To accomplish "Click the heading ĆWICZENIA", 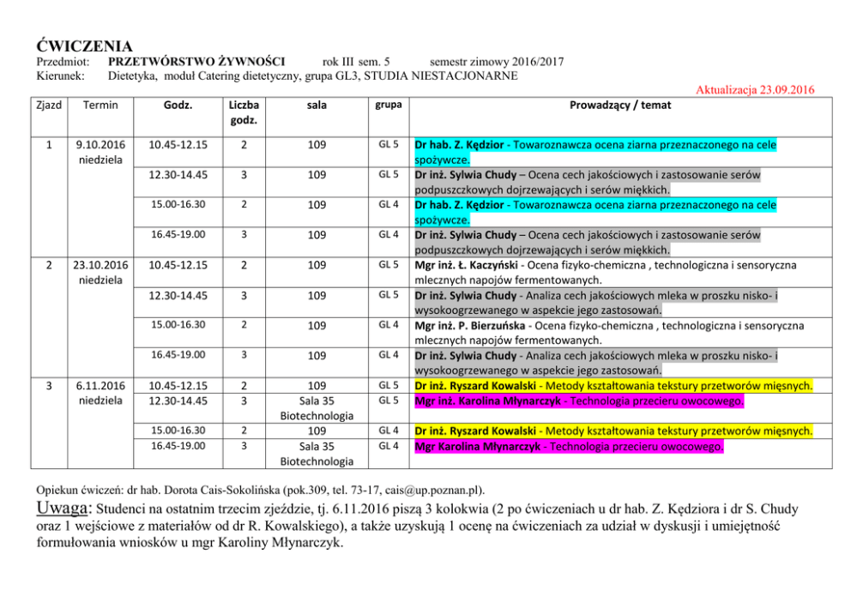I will [x=84, y=45].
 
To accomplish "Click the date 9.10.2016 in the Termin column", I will [x=101, y=145].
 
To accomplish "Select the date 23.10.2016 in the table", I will [x=101, y=265].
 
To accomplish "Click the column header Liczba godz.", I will [x=244, y=112].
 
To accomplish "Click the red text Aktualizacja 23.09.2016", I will [x=755, y=90].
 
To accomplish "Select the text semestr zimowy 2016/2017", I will [x=497, y=62].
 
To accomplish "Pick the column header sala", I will [x=317, y=105].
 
